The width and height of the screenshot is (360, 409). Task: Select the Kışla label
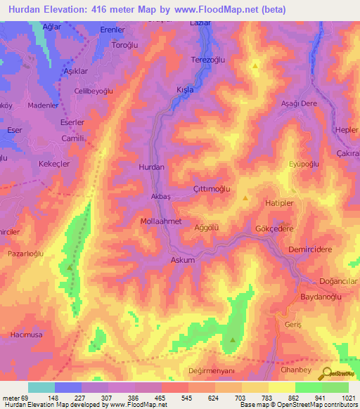(x=184, y=91)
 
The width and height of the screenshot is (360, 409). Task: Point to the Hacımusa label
(x=24, y=338)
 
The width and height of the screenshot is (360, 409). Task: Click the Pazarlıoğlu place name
(x=26, y=253)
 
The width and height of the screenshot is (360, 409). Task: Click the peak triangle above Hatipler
(x=245, y=198)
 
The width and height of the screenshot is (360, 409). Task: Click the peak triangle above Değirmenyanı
(x=233, y=340)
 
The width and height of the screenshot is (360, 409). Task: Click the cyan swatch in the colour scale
(x=41, y=387)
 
